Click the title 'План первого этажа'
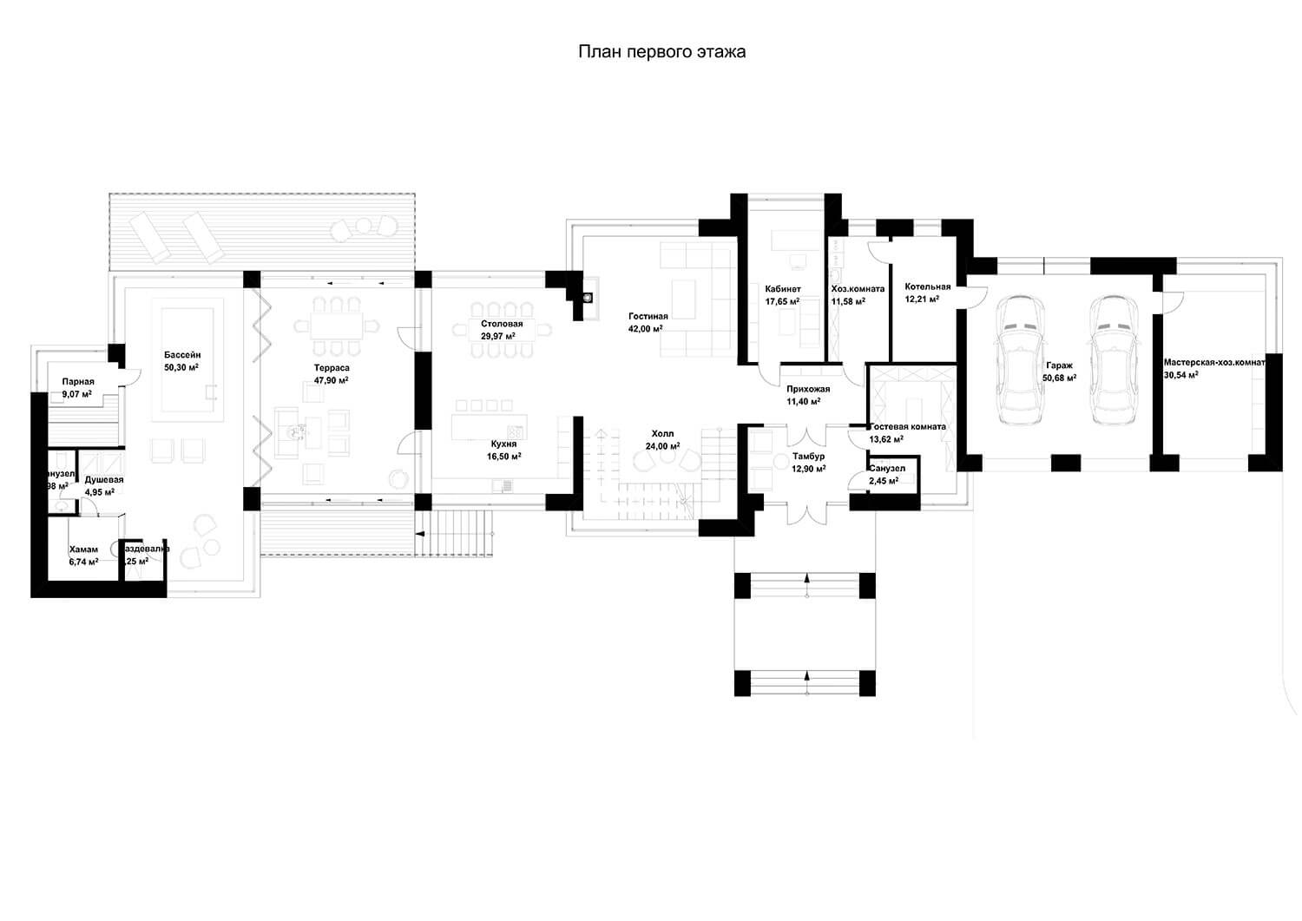(661, 52)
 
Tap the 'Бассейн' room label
(182, 355)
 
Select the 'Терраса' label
(332, 368)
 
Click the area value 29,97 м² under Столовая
(497, 336)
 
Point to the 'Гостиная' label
(648, 316)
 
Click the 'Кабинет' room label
(782, 289)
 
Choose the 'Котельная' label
(927, 286)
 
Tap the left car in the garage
(1019, 359)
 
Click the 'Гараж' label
(1059, 365)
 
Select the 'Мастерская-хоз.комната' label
(1214, 362)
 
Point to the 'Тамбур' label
(808, 456)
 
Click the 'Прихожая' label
(808, 389)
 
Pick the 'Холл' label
(662, 433)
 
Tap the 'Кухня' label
(503, 444)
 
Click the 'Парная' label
(78, 381)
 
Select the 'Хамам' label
(83, 549)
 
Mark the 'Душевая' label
(104, 479)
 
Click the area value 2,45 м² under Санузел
(884, 480)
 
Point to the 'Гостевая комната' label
(908, 427)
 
